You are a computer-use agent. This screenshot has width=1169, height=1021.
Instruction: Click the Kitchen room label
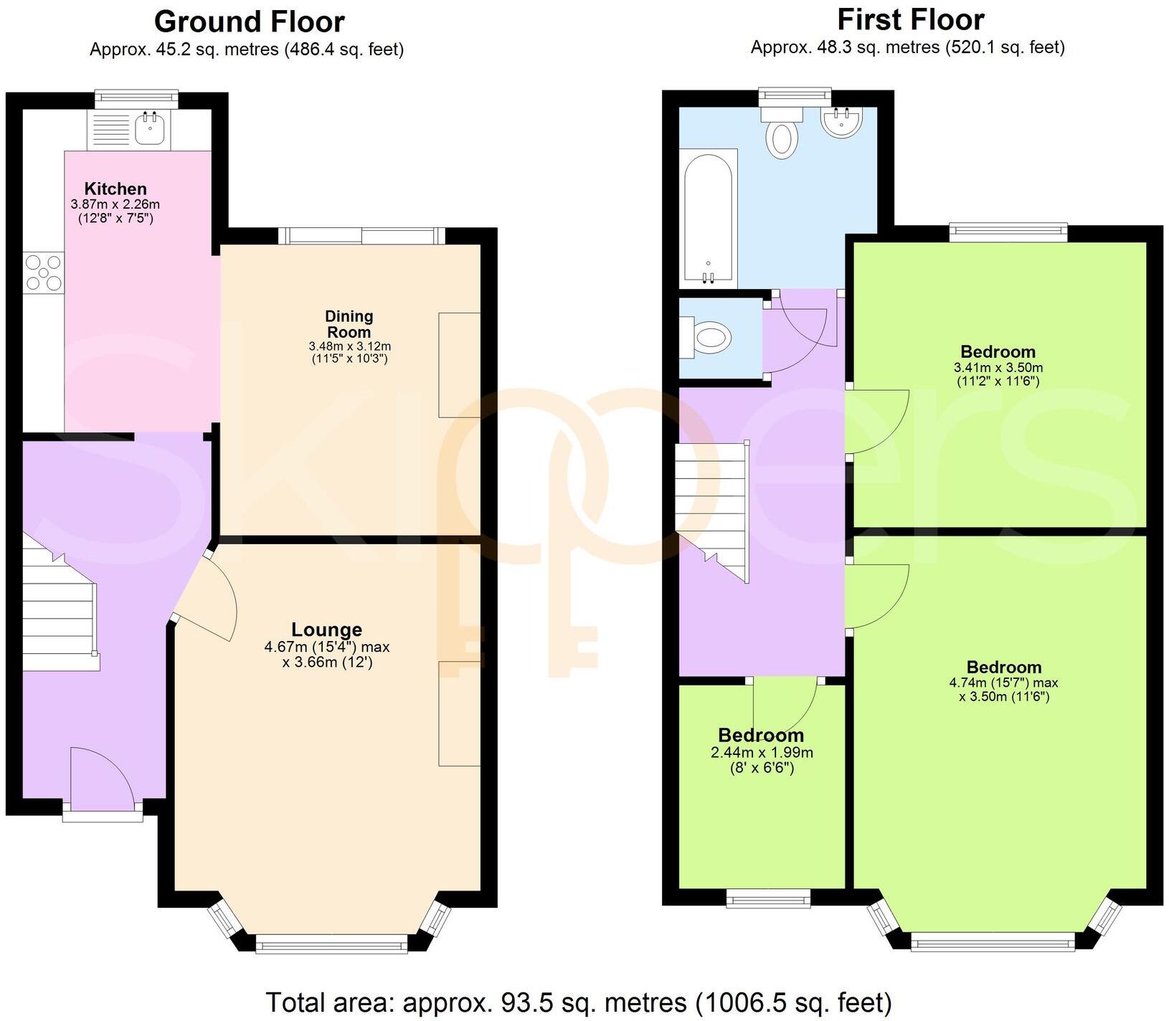[x=115, y=189]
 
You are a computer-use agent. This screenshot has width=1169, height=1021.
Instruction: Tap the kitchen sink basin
[x=151, y=129]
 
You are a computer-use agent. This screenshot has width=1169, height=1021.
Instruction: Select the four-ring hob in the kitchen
[x=44, y=272]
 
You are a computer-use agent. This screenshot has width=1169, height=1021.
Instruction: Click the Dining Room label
[x=349, y=324]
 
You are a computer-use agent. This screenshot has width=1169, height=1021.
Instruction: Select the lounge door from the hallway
[x=208, y=595]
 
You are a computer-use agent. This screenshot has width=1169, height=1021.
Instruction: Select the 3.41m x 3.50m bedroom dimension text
[x=998, y=368]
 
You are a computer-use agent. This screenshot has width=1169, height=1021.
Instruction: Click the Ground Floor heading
[x=249, y=22]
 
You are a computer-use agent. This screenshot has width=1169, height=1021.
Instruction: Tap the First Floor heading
[x=911, y=19]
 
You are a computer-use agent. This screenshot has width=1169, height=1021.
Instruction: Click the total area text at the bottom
[x=579, y=1002]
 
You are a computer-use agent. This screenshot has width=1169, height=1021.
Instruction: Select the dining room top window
[x=361, y=235]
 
